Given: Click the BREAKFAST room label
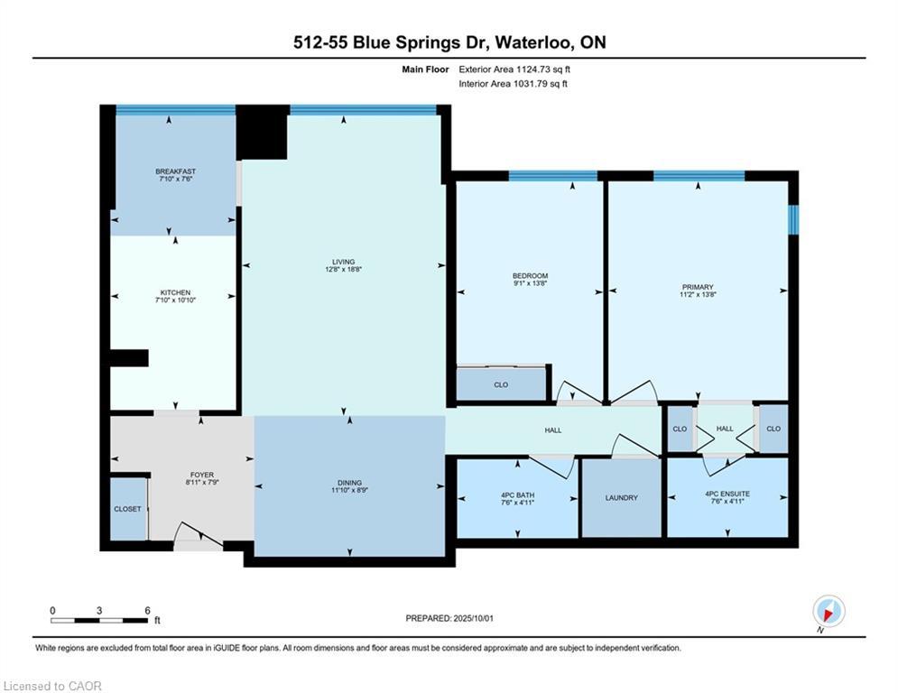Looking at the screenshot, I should pyautogui.click(x=175, y=171).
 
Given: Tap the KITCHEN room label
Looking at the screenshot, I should pyautogui.click(x=175, y=292).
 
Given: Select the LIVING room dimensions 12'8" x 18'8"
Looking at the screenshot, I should pyautogui.click(x=344, y=269).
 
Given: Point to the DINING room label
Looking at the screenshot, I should pyautogui.click(x=349, y=483).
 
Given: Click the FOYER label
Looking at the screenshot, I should pyautogui.click(x=201, y=475).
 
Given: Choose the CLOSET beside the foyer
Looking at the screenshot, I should pyautogui.click(x=127, y=509).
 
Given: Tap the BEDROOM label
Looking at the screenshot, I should pyautogui.click(x=530, y=276).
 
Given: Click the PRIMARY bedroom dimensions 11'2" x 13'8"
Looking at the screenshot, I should pyautogui.click(x=698, y=294).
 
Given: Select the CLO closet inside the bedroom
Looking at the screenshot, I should pyautogui.click(x=501, y=384).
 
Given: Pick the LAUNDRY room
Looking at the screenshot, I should pyautogui.click(x=622, y=498).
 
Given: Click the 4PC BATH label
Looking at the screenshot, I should pyautogui.click(x=517, y=494).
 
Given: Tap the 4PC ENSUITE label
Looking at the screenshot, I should pyautogui.click(x=727, y=494).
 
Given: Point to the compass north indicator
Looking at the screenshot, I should pyautogui.click(x=828, y=611).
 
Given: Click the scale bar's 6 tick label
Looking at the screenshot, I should pyautogui.click(x=147, y=609).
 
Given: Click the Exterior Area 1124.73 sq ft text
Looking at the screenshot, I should pyautogui.click(x=514, y=69).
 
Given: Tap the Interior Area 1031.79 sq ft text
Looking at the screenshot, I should pyautogui.click(x=513, y=84).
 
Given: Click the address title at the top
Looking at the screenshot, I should pyautogui.click(x=449, y=42).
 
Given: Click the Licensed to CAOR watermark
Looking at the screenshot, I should pyautogui.click(x=53, y=686).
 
